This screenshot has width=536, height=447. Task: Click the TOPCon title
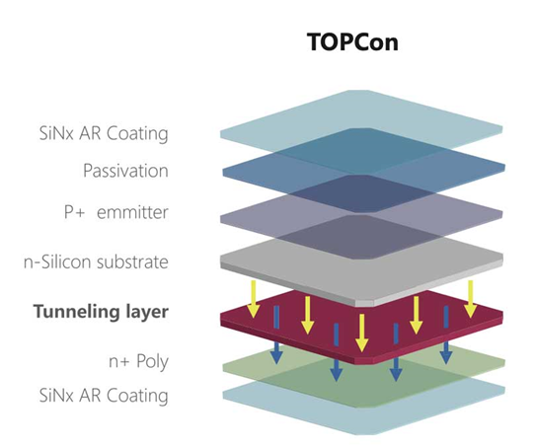352,42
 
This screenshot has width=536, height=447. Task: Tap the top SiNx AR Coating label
104,133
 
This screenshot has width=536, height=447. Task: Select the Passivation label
125,170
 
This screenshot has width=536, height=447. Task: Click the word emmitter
132,212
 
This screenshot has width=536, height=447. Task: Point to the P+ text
74,212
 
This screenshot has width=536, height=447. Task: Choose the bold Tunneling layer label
102,312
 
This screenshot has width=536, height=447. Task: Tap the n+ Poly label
138,361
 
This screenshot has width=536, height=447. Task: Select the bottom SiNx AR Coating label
104,396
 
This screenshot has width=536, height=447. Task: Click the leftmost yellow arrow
254,299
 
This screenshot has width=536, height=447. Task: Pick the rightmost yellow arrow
471,299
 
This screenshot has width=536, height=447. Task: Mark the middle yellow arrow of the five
361,333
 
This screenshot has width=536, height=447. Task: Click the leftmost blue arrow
276,335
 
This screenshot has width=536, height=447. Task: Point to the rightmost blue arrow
446,335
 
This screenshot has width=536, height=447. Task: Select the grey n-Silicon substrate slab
361,270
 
